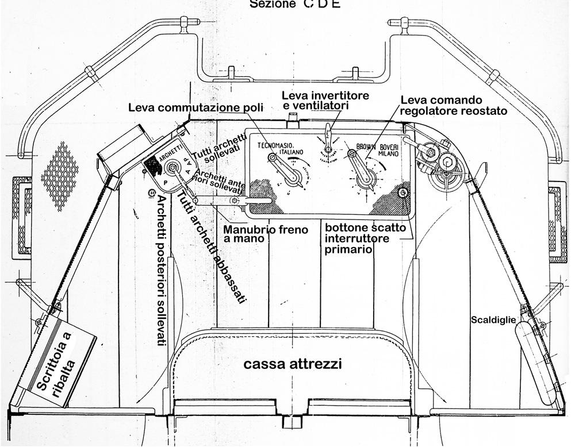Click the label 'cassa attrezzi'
click(x=293, y=364)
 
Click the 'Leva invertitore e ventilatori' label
click(x=325, y=99)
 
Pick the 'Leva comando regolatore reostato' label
click(x=454, y=106)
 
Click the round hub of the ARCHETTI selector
click(x=171, y=168)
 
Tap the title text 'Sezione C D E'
click(x=294, y=5)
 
